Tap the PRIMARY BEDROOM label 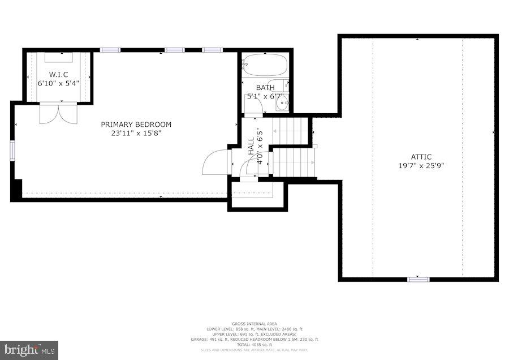pos(136,125)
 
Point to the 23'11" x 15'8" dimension pos(136,134)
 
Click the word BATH pos(265,88)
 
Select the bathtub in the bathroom pos(264,66)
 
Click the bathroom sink pos(283,104)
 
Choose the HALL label pos(251,146)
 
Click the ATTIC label pos(421,157)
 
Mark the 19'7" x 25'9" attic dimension pos(421,166)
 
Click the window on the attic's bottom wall pos(419,278)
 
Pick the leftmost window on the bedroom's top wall pos(110,50)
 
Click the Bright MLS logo pos(29,350)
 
